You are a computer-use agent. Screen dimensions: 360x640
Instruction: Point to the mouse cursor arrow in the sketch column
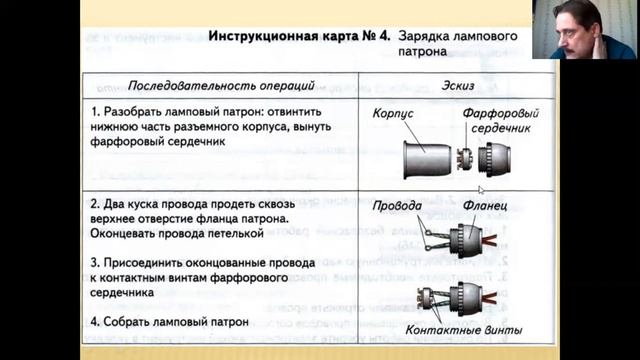[x=481, y=189]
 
